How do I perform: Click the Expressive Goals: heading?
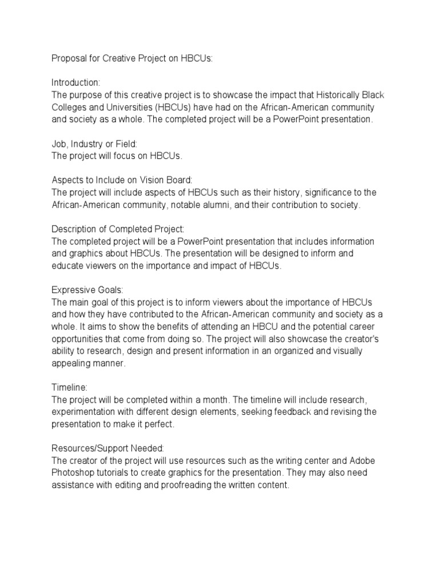click(x=87, y=290)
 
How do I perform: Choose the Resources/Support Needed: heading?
click(x=107, y=447)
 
